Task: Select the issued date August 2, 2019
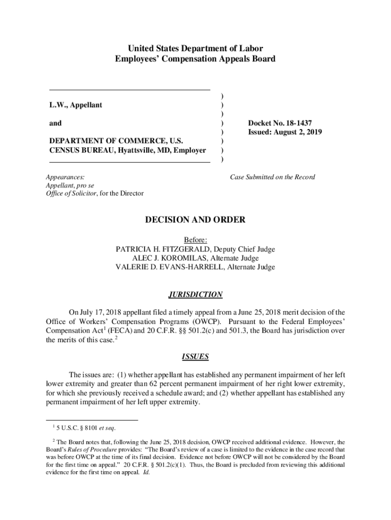click(x=299, y=132)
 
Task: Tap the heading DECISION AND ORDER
click(x=195, y=220)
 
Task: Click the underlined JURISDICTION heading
click(x=195, y=295)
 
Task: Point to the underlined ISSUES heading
click(x=195, y=356)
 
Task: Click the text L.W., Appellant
click(x=76, y=105)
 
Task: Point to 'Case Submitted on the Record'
click(x=273, y=177)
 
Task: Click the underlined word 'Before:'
click(x=195, y=240)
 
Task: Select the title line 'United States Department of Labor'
click(x=195, y=49)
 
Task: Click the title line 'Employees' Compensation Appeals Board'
click(x=195, y=59)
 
